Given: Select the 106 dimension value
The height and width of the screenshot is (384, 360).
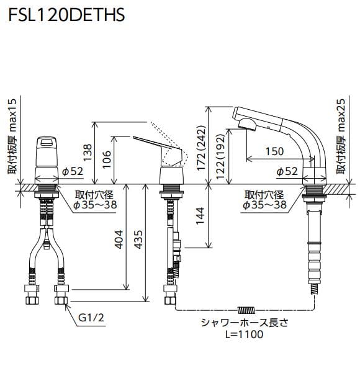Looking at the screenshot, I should (x=106, y=158).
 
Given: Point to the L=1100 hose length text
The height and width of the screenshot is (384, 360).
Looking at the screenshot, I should (x=245, y=334).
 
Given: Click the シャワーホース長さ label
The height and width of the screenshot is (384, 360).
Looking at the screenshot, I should (x=245, y=323).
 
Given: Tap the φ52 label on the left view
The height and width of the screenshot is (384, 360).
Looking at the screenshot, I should (x=73, y=171).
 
